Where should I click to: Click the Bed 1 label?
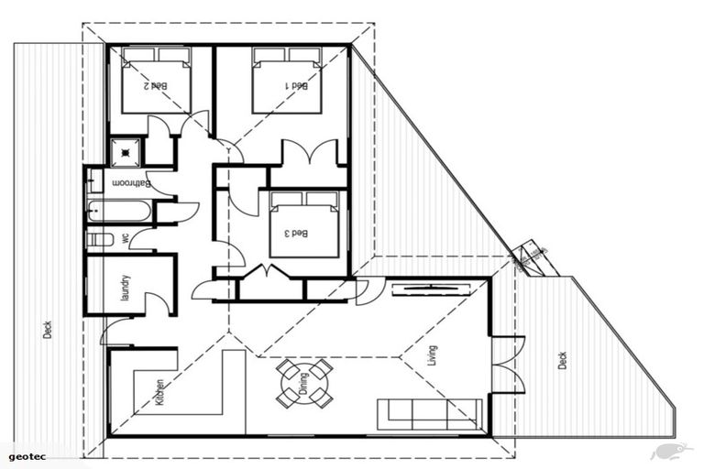click(297, 85)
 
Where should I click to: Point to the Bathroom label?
click(131, 183)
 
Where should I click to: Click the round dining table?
click(304, 383)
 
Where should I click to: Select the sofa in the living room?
click(430, 413)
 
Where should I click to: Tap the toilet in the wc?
click(99, 239)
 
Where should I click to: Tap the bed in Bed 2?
click(156, 81)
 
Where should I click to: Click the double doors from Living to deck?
click(507, 365)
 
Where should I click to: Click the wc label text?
click(125, 238)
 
